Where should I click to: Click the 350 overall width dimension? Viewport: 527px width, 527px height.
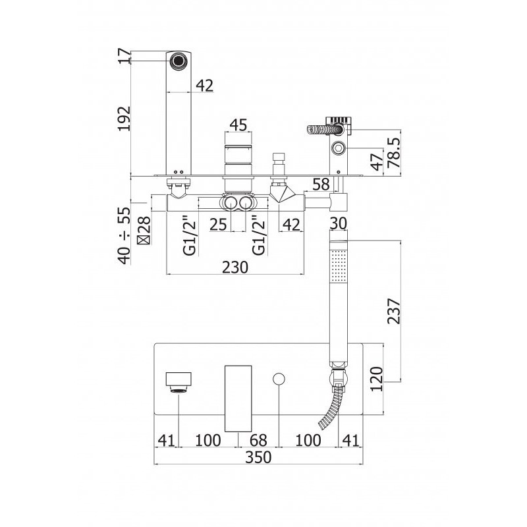point(258,457)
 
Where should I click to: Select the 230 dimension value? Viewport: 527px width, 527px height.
point(235,267)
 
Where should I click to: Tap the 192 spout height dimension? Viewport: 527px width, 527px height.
point(125,119)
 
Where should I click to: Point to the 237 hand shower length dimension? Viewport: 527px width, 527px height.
point(394,311)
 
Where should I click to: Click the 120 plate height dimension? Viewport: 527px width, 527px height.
point(376,379)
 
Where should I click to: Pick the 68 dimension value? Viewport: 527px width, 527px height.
point(258,440)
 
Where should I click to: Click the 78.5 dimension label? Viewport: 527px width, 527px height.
point(394,152)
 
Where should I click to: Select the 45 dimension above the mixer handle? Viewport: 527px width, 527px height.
point(238,125)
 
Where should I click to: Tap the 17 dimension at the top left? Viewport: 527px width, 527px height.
point(125,56)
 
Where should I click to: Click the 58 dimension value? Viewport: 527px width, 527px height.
point(321,184)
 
